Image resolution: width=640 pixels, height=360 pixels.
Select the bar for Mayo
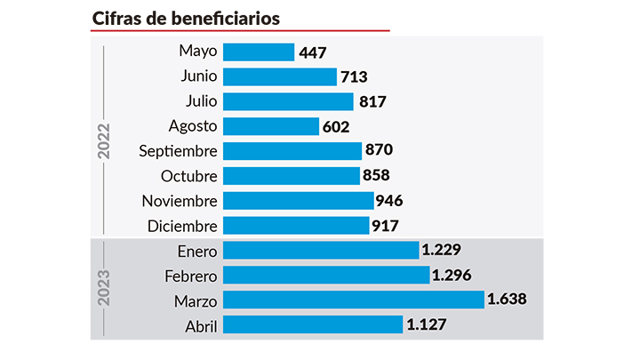point(258,52)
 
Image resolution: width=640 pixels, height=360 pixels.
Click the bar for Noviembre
point(298,201)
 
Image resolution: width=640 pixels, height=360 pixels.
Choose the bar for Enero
point(320,250)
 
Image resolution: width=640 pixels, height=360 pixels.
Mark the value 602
point(337,126)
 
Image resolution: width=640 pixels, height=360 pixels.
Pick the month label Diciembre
point(182,226)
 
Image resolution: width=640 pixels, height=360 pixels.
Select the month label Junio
point(197,77)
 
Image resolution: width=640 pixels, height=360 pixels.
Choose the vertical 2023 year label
point(104,287)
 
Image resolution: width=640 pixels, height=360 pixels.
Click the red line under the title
point(240,31)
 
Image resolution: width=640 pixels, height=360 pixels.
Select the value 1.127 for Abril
point(427,324)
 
